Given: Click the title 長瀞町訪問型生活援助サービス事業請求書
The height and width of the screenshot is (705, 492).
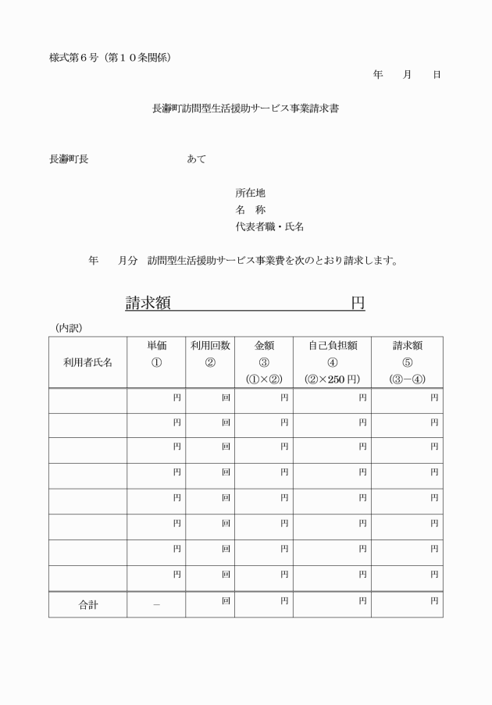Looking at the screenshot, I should click(x=245, y=109).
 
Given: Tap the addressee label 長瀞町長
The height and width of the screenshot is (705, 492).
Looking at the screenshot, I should click(x=69, y=158).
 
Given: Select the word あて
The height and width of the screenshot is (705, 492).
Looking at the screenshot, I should click(x=197, y=158).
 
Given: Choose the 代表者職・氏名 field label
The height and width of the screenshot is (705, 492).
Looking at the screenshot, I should click(x=269, y=226).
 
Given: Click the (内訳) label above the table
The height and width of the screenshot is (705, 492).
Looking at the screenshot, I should click(x=69, y=327).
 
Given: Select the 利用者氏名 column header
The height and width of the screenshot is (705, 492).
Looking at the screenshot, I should click(x=87, y=362).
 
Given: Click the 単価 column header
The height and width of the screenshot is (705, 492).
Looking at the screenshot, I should click(x=157, y=346).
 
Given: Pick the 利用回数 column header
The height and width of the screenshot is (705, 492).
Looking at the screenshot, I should click(x=210, y=346).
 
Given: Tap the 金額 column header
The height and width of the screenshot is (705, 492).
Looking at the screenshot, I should click(x=263, y=346).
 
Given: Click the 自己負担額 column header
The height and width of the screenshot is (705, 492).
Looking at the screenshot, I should click(x=332, y=346).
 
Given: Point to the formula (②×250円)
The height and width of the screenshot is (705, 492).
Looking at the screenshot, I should click(x=332, y=379).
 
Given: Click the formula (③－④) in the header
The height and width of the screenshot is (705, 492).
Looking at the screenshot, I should click(x=407, y=379).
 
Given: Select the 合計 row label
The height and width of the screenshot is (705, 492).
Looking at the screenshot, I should click(x=87, y=605).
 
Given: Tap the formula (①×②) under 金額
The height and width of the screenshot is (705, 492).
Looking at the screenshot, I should click(x=263, y=379).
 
